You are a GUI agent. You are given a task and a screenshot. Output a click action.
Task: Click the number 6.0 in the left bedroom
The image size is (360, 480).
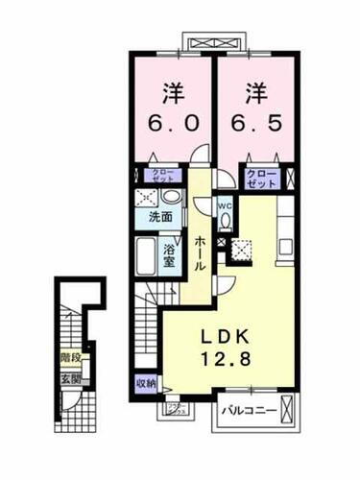(172, 125)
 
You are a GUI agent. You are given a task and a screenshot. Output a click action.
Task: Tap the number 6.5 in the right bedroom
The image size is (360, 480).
(254, 125)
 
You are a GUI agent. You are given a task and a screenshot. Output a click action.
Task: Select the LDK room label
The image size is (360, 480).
(227, 338)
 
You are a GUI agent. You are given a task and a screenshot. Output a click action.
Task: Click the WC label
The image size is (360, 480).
(224, 205)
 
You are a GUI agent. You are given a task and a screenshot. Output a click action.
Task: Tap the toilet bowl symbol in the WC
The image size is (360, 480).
(224, 222)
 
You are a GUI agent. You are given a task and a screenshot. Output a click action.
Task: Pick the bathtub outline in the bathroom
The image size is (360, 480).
(147, 256)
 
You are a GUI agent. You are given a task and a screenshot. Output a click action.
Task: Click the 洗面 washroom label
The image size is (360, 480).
(159, 217)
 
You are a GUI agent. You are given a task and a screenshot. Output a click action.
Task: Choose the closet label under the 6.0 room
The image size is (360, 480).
(159, 176)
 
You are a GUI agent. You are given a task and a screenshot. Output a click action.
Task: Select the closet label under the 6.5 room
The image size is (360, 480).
(262, 177)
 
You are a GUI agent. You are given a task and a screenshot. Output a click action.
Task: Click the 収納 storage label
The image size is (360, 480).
(144, 383)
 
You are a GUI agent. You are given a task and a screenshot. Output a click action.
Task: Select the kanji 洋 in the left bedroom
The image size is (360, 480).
(172, 93)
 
